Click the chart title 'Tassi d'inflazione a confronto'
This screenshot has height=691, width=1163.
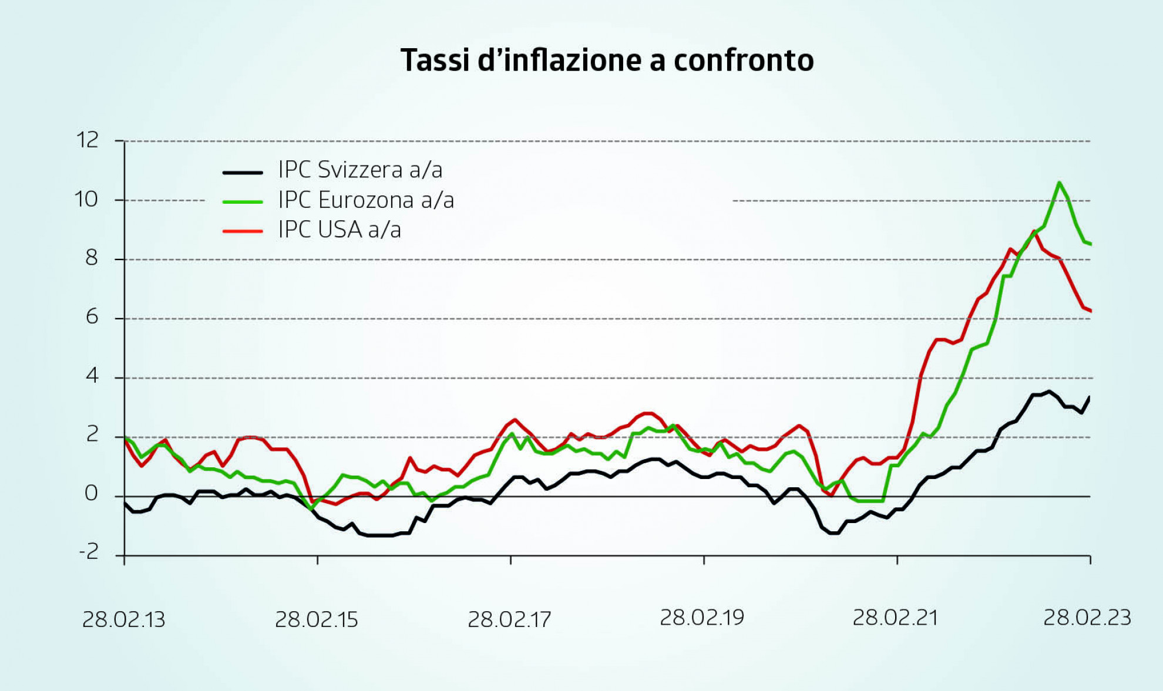click(x=607, y=60)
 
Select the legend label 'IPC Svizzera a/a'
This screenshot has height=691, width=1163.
click(x=360, y=170)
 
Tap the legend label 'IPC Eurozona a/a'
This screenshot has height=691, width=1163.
click(x=366, y=200)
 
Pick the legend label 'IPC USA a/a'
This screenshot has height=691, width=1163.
click(x=340, y=230)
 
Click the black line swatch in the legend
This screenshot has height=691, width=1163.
click(x=243, y=172)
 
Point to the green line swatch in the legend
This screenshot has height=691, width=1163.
click(x=243, y=202)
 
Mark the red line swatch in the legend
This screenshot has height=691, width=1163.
click(x=243, y=231)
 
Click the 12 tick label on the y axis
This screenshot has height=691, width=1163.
click(x=88, y=140)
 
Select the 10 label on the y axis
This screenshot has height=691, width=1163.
click(x=86, y=200)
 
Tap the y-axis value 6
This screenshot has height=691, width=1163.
click(x=92, y=318)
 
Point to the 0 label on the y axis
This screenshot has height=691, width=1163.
click(x=91, y=494)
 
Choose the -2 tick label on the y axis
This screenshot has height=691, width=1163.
click(x=89, y=552)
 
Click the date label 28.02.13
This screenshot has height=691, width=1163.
click(x=124, y=619)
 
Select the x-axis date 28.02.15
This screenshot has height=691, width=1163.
click(x=317, y=619)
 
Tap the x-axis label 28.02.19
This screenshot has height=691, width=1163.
click(x=702, y=618)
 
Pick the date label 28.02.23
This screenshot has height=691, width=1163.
click(x=1087, y=618)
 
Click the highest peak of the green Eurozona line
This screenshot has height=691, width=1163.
click(x=1059, y=183)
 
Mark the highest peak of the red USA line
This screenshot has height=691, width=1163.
click(x=1034, y=232)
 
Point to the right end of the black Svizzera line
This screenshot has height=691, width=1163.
click(x=1090, y=397)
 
